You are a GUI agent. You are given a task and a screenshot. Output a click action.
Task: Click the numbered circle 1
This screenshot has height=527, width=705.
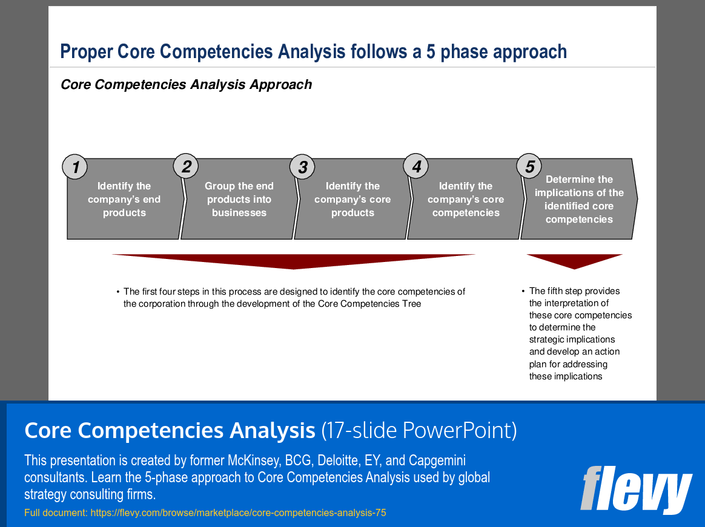coord(75,168)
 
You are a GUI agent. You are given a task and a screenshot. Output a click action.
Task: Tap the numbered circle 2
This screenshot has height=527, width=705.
coord(186,166)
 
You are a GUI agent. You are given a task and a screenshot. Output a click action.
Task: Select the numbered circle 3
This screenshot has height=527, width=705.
coord(303,167)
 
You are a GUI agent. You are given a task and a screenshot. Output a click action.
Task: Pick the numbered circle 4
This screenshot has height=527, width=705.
coord(416,166)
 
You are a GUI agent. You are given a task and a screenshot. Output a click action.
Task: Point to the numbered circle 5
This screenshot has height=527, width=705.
coord(529,166)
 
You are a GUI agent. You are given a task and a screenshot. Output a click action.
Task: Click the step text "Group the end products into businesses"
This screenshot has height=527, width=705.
coord(239,200)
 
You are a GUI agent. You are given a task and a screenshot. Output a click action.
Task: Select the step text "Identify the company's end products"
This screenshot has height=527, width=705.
coord(124,200)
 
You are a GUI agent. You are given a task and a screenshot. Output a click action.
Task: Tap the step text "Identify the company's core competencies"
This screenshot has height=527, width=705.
coord(466,200)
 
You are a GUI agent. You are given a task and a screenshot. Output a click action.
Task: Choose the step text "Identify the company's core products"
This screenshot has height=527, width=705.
coord(352,200)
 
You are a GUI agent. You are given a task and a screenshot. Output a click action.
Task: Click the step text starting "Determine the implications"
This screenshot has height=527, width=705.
coord(579,200)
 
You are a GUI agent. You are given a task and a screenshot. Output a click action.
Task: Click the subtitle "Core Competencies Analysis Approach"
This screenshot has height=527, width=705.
coord(186,85)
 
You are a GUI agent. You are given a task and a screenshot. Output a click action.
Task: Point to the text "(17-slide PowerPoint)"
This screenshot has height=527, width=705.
coord(419,431)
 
